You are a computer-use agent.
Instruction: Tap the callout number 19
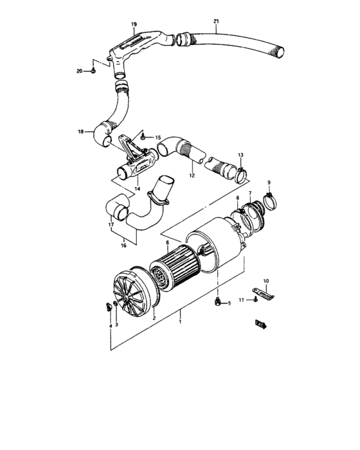(x=134, y=24)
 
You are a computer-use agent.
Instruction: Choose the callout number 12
(x=192, y=175)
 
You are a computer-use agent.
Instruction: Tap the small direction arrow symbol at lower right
(x=260, y=323)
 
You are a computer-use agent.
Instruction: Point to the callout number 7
(x=250, y=193)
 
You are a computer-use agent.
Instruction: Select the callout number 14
(x=137, y=190)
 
